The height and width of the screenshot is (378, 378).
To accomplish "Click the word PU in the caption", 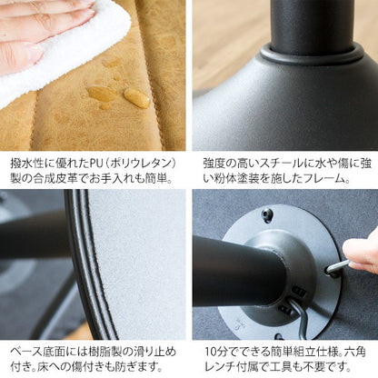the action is click(97, 164).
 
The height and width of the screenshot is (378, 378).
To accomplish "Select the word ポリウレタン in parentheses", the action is click(140, 164).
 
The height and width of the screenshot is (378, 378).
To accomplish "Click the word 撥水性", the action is click(27, 164).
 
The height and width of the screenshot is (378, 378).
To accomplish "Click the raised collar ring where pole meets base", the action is click(312, 54).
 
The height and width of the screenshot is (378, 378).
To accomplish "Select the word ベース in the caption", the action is click(26, 353).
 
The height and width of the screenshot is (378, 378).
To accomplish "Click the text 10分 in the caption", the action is click(216, 353).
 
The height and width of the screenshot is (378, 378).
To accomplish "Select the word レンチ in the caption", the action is click(221, 367).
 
